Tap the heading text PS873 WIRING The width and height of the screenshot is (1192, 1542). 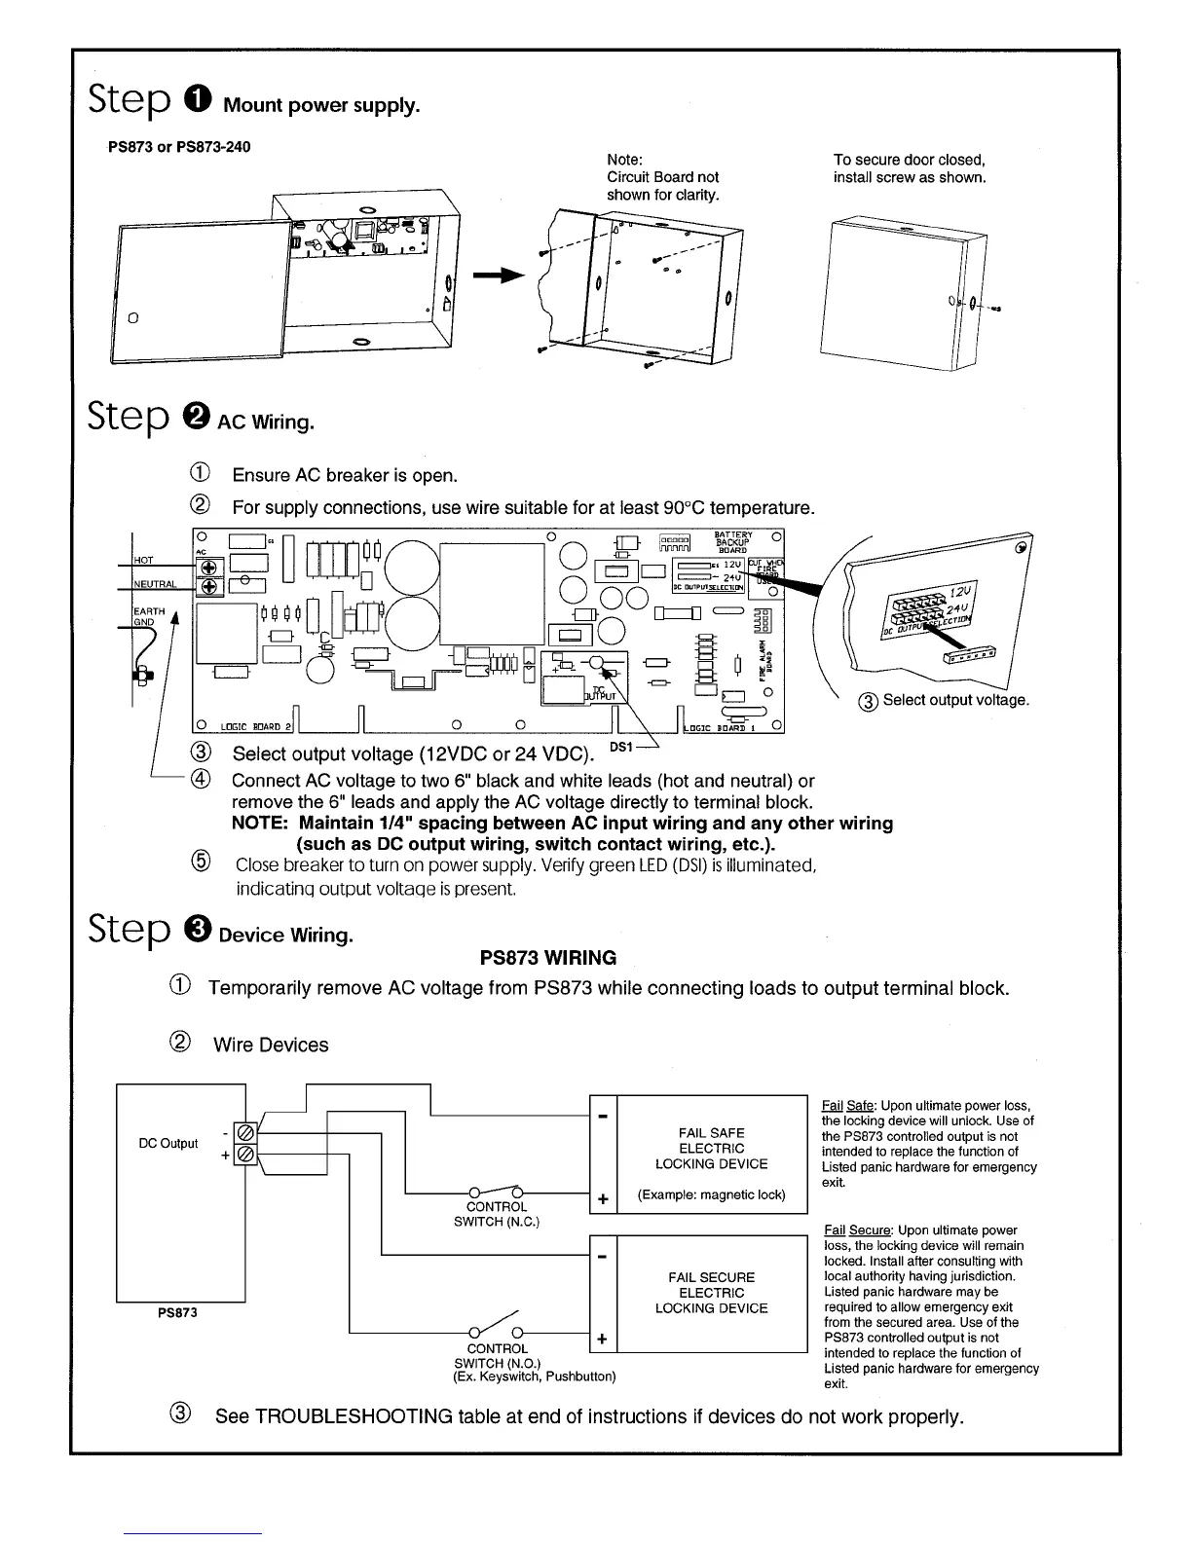548,958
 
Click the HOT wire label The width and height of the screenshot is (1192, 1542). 143,561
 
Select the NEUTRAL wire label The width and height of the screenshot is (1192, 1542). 154,585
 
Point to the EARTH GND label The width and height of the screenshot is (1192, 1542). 149,616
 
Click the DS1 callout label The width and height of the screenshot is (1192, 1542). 621,746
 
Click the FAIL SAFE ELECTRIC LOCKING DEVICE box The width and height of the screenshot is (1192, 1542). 712,1155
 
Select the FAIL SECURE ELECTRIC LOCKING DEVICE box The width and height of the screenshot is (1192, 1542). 712,1293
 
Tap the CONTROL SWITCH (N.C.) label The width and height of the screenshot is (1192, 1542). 497,1214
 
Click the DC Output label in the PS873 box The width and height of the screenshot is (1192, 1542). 168,1143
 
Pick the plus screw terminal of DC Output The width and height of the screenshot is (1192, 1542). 245,1155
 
